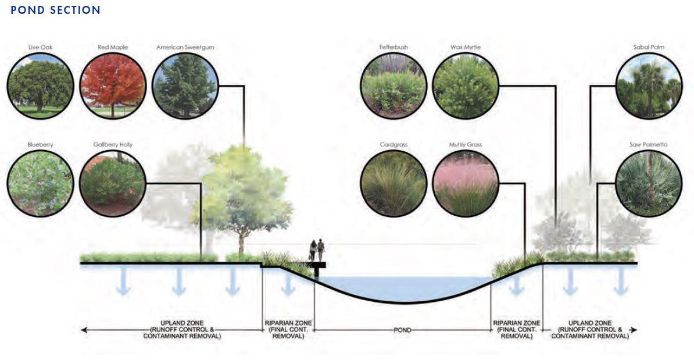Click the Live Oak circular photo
click(41, 85)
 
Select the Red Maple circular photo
click(112, 85)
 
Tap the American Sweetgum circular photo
click(185, 85)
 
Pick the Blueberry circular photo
click(41, 183)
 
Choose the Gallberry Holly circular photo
click(112, 183)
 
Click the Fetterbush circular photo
click(393, 85)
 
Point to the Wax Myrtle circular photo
click(466, 85)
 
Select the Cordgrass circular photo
click(393, 183)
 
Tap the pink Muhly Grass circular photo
click(466, 183)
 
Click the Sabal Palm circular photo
click(649, 85)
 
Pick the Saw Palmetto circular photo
click(649, 183)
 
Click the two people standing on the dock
click(317, 251)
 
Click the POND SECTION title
click(56, 10)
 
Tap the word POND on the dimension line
click(402, 330)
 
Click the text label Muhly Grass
click(466, 144)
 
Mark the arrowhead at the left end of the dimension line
click(84, 330)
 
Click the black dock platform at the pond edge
click(319, 265)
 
